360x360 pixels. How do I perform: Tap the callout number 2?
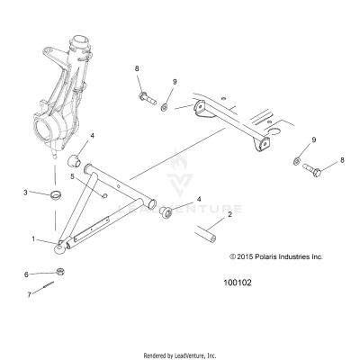point(204,215)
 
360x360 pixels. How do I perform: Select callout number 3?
point(27,193)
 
